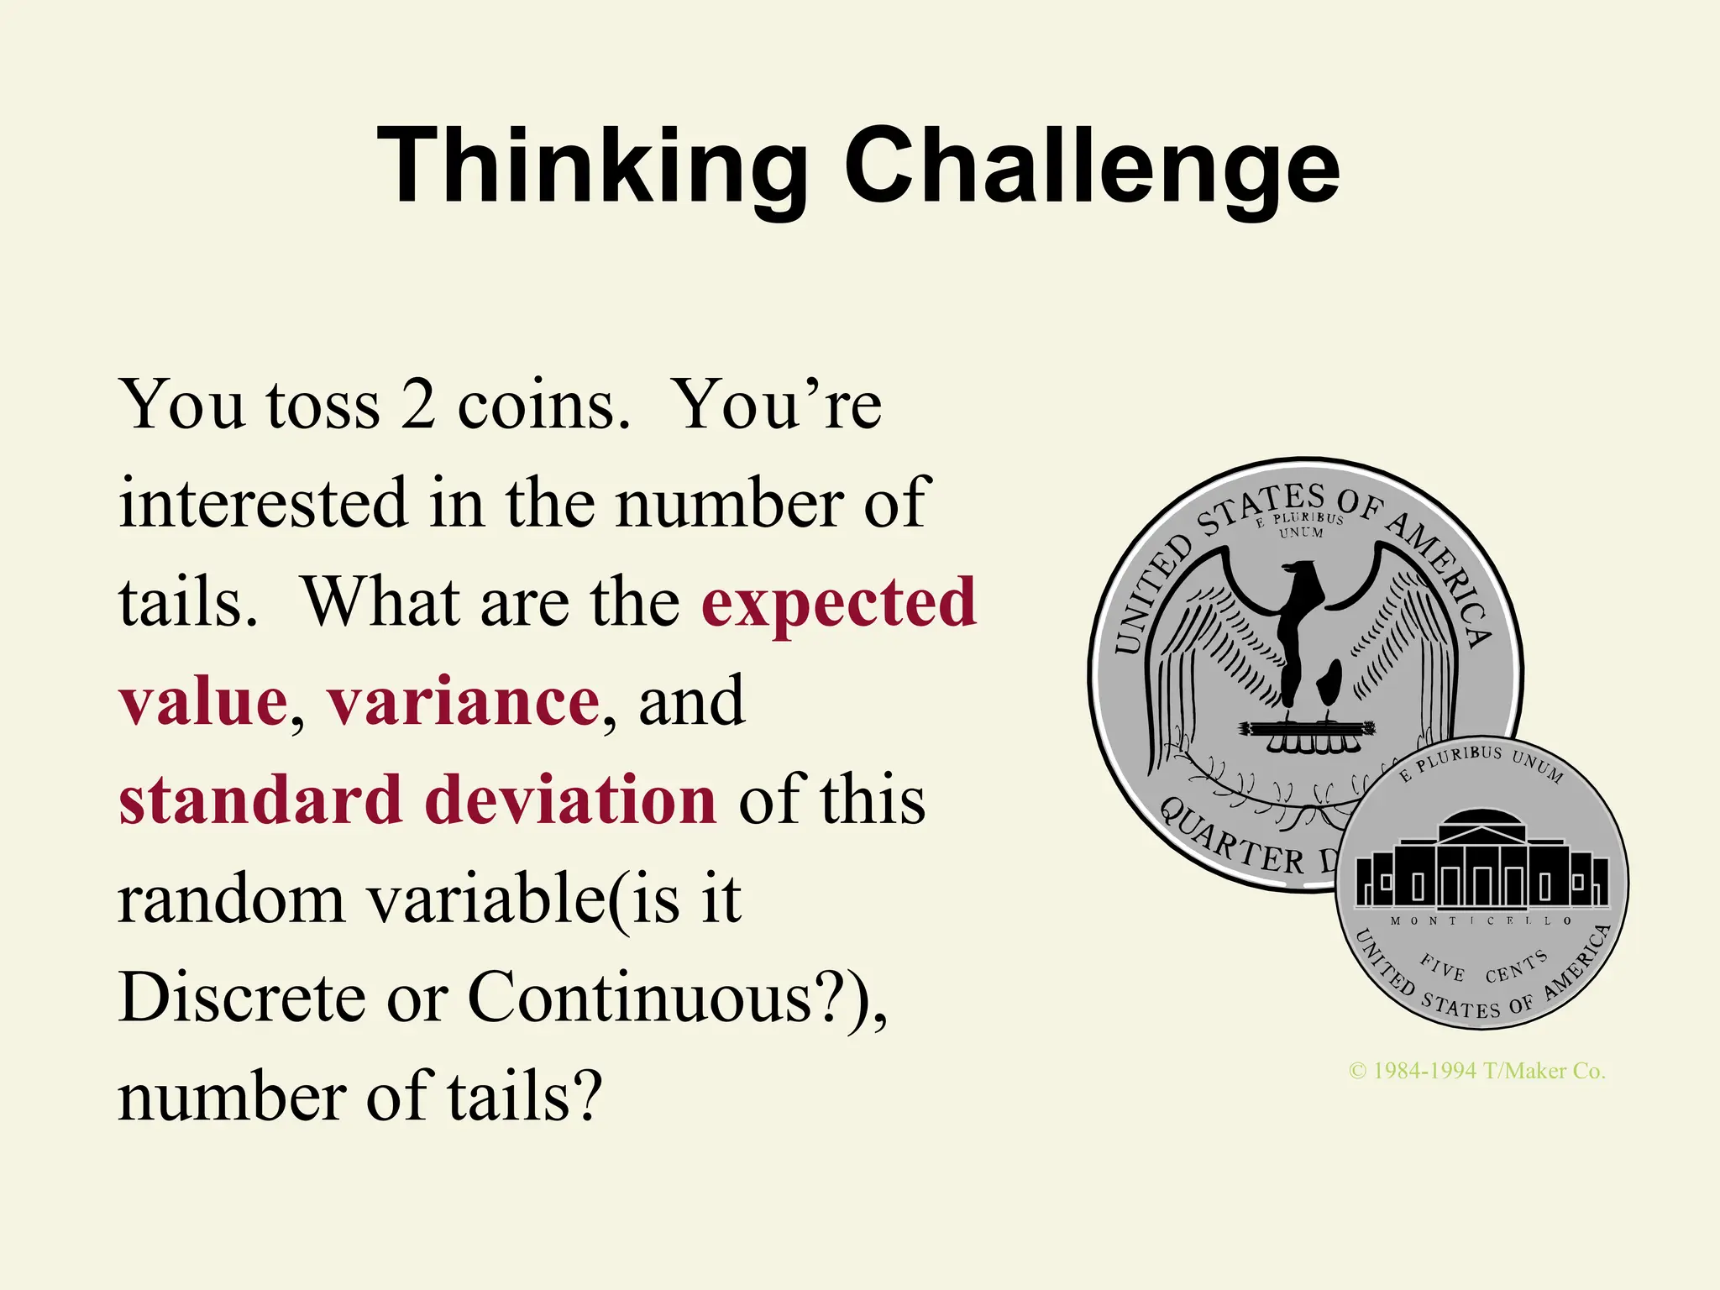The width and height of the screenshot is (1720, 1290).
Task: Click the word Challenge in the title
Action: (x=1092, y=165)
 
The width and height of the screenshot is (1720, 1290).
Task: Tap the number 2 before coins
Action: (x=417, y=405)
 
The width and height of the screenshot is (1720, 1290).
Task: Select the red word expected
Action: (x=839, y=603)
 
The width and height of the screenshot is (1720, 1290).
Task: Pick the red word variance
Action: (x=464, y=701)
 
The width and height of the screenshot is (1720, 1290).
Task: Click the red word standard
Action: (x=260, y=800)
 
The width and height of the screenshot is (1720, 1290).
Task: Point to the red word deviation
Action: (x=571, y=800)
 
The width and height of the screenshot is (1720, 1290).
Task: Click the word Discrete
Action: (x=243, y=998)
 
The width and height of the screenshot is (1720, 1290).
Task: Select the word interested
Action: (x=263, y=503)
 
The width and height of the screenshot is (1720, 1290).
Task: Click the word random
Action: (x=232, y=899)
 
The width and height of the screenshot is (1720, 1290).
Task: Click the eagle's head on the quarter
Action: (x=1302, y=576)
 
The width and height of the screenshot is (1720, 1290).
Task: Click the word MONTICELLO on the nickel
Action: (x=1481, y=920)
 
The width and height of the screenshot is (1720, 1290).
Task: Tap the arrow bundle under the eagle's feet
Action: (x=1307, y=728)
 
